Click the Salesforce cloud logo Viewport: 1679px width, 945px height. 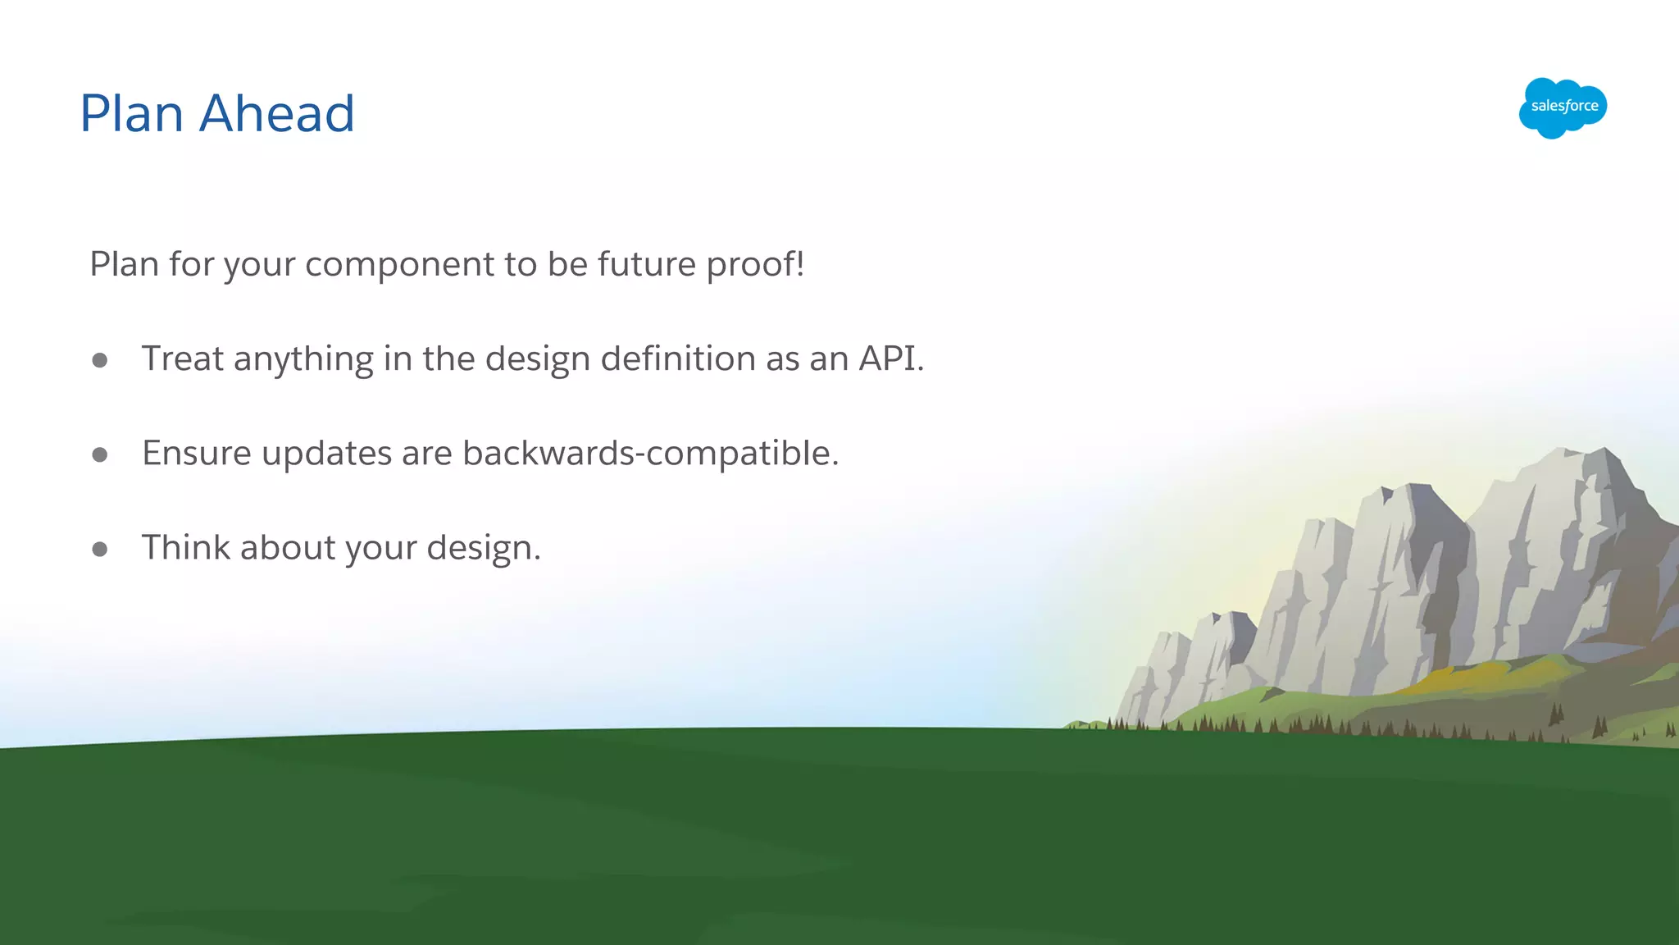click(1563, 107)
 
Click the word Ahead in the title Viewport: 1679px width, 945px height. click(277, 113)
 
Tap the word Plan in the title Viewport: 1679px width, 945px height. click(131, 113)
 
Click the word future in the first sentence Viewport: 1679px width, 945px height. click(647, 265)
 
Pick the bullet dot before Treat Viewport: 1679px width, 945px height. click(100, 360)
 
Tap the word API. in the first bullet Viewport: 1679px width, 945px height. click(891, 359)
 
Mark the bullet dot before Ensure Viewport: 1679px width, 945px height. click(100, 454)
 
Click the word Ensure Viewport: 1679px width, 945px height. click(197, 454)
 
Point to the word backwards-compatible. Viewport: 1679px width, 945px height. click(651, 454)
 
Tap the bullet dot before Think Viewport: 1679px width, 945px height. click(100, 549)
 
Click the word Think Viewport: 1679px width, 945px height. click(185, 548)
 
